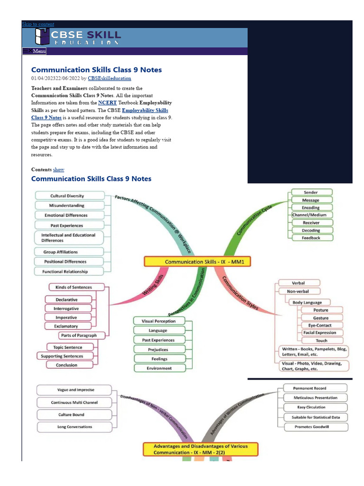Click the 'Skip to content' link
(38, 24)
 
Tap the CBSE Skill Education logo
(78, 37)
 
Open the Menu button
(35, 51)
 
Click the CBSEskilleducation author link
(109, 78)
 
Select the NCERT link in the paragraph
(107, 103)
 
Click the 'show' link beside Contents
(59, 169)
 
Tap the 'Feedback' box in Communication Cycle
(311, 238)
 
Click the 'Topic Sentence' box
(67, 347)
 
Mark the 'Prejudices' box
(158, 349)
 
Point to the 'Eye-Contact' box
(320, 326)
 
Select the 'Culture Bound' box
(74, 415)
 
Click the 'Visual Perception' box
(158, 321)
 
